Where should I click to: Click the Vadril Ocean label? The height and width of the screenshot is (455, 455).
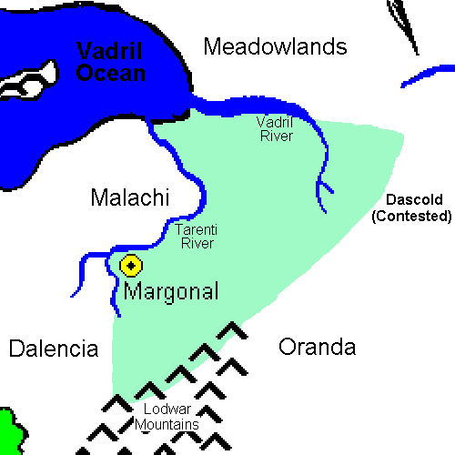[x=110, y=62]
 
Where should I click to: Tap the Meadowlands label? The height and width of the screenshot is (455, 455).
[x=275, y=46]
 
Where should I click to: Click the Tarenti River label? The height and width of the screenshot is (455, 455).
[x=197, y=235]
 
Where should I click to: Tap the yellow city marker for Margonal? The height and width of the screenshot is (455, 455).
[x=132, y=266]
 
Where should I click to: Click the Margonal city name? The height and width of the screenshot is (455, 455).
[x=171, y=293]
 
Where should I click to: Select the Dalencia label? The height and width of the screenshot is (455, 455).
[x=53, y=349]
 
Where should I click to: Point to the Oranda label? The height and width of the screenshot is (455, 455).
[x=317, y=348]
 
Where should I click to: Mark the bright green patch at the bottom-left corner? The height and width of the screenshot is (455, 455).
[x=8, y=431]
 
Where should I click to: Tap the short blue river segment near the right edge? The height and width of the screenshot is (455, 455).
[x=427, y=76]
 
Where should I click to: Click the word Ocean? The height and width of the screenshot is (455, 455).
[x=110, y=73]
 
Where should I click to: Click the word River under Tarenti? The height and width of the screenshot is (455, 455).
[x=197, y=243]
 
